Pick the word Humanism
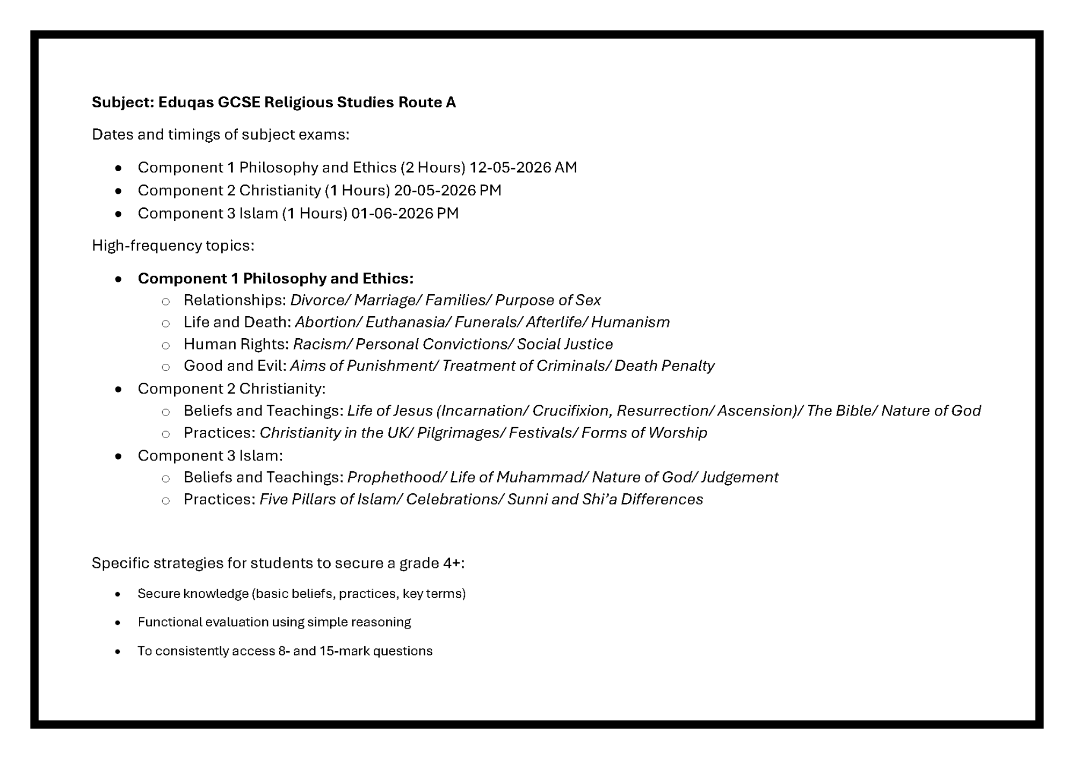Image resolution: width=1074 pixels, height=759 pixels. (x=630, y=322)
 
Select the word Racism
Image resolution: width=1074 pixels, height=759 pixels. (x=321, y=344)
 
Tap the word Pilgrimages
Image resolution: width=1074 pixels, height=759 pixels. (x=460, y=433)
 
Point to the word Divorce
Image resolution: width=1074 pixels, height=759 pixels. (x=320, y=300)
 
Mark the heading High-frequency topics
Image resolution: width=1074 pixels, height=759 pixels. (x=173, y=246)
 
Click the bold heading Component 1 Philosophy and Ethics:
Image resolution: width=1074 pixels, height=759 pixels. (x=275, y=279)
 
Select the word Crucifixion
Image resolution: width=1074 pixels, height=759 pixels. (x=572, y=411)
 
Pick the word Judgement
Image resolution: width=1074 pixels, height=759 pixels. (x=739, y=477)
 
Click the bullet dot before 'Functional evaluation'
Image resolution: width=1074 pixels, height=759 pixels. (x=118, y=623)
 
